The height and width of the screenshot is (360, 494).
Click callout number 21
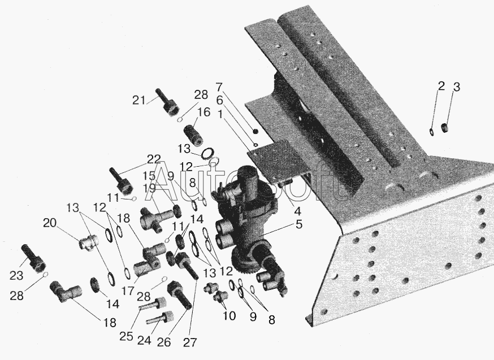tap(139, 100)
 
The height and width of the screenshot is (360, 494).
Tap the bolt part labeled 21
tap(167, 102)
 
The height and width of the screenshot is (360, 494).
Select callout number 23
tap(16, 275)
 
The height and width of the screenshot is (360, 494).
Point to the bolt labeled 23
tap(34, 259)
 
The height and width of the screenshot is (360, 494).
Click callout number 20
tap(50, 223)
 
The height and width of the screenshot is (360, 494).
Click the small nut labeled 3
tap(445, 128)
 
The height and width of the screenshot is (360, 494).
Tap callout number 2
tap(441, 86)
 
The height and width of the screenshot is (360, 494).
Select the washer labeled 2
tap(431, 132)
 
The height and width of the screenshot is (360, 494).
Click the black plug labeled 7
tap(255, 131)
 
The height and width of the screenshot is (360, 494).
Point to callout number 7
tap(219, 86)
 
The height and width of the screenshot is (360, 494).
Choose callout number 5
tap(298, 224)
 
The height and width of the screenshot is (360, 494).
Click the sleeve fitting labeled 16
tap(193, 136)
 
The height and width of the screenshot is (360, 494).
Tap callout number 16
tap(204, 112)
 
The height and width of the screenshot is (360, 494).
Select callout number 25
tap(126, 336)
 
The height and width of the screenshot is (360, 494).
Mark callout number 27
tap(190, 342)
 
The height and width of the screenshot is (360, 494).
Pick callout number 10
tap(229, 315)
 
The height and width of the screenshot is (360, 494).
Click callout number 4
tap(297, 210)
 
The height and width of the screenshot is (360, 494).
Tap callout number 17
tap(128, 290)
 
